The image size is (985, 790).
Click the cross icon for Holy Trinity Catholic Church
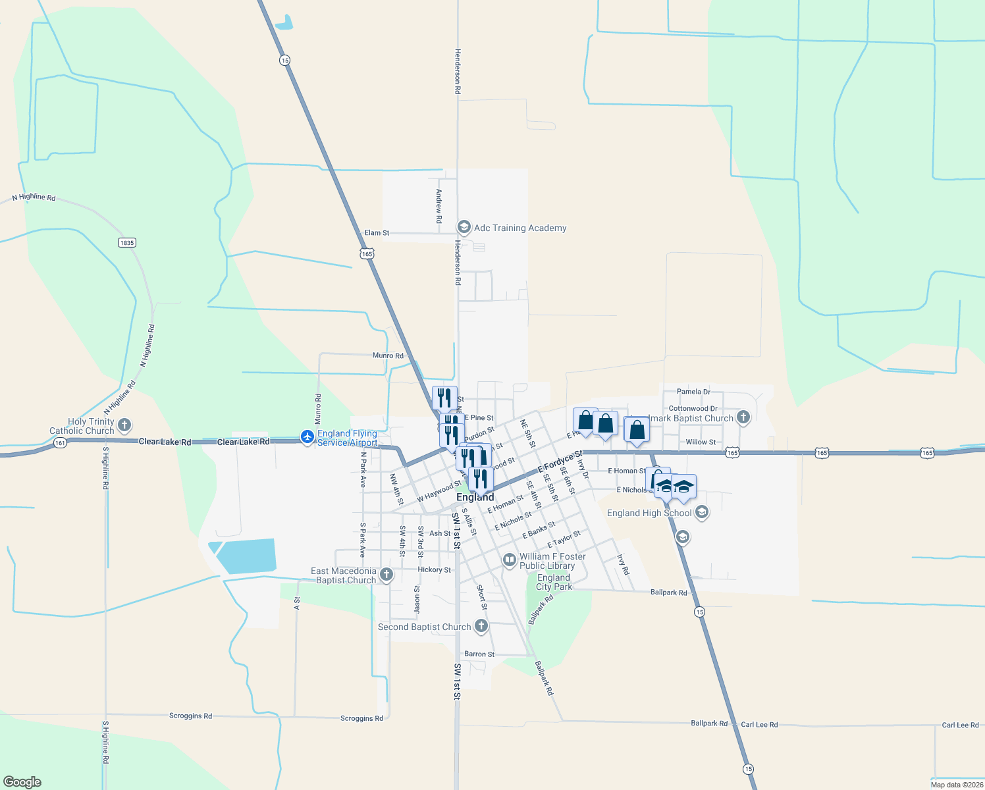point(124,425)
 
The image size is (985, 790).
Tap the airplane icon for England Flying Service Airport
point(307,436)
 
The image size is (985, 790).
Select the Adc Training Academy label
point(520,228)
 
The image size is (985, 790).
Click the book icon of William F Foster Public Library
point(509,560)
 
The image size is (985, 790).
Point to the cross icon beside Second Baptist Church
point(481,626)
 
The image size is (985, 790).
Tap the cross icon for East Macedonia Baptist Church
point(386,575)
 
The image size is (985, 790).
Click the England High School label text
point(649,513)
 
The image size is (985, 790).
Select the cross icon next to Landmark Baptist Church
point(743,417)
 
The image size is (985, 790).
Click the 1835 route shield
point(127,243)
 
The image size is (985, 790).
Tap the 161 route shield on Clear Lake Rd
point(60,443)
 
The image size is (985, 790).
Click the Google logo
point(22,782)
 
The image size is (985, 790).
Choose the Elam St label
point(377,233)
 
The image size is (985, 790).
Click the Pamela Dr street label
point(693,392)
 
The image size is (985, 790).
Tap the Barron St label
point(479,654)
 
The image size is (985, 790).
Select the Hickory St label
point(435,570)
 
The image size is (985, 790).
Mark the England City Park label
point(554,582)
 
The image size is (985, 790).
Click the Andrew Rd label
point(439,206)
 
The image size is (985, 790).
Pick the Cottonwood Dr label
point(693,409)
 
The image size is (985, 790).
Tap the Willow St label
point(701,442)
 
